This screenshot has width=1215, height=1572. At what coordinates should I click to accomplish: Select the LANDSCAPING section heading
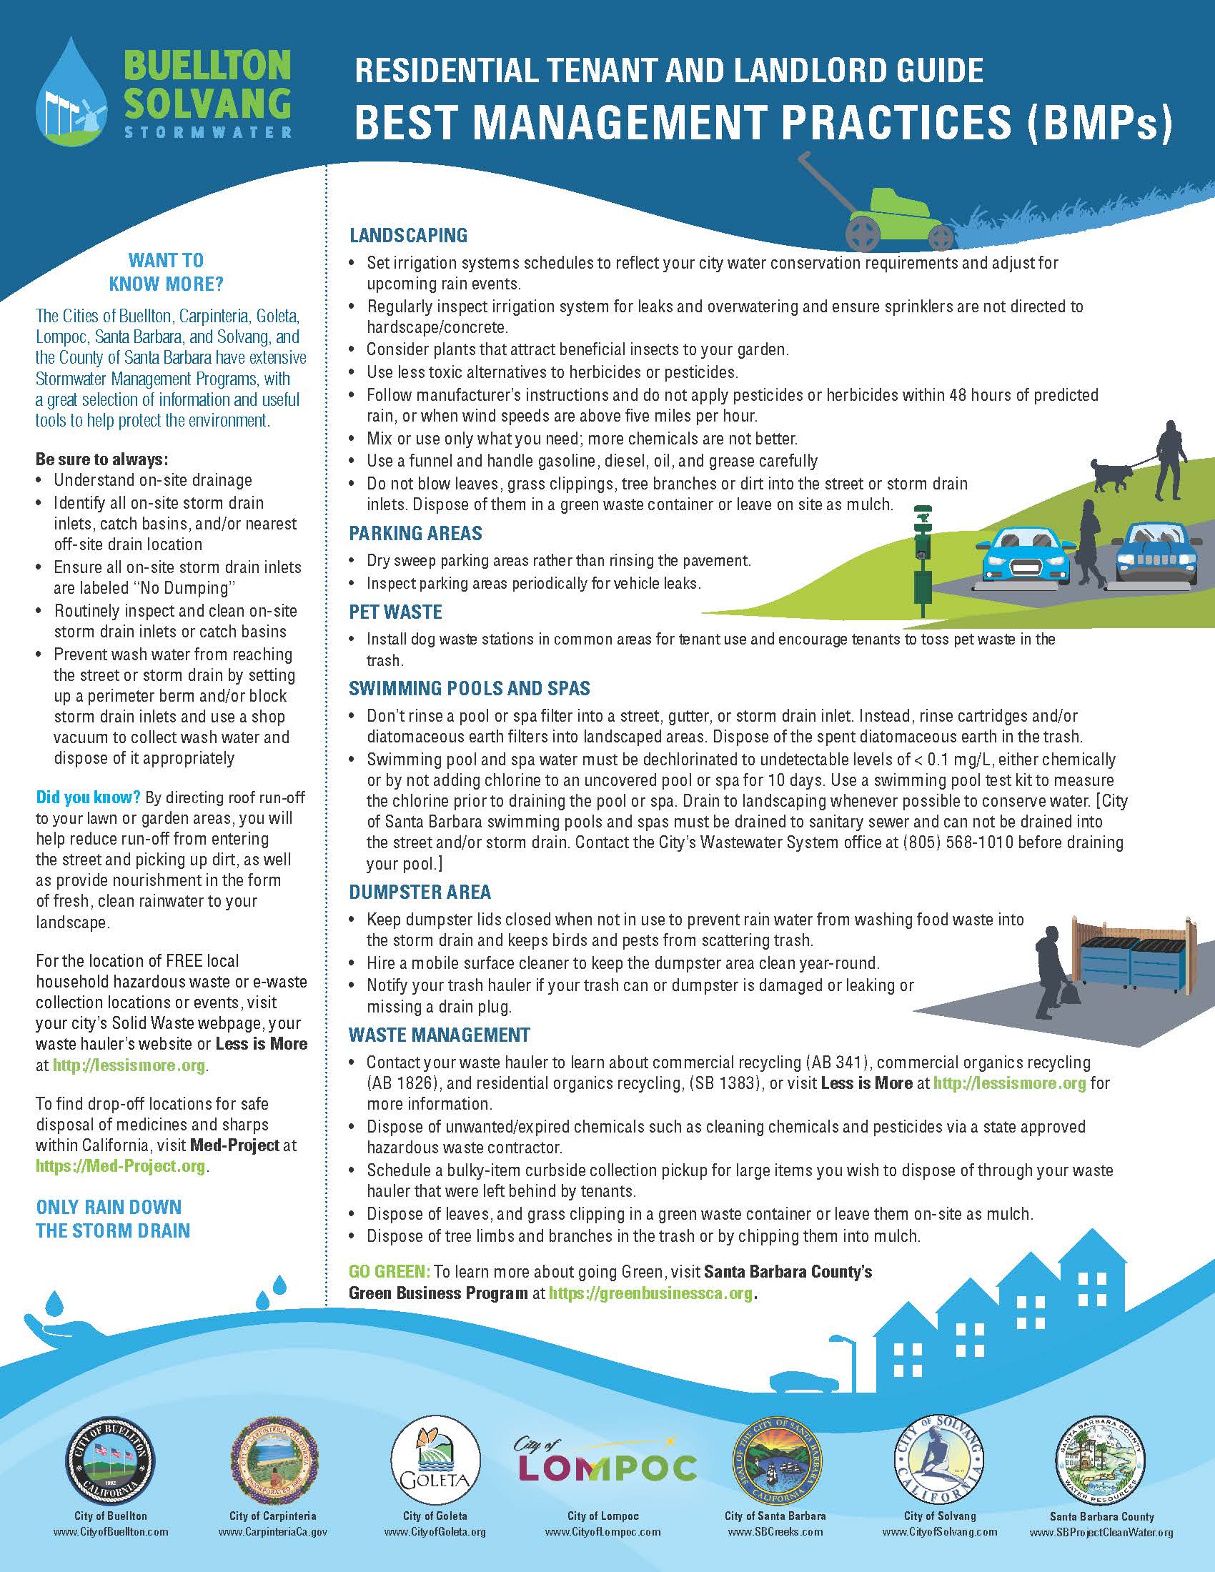click(408, 235)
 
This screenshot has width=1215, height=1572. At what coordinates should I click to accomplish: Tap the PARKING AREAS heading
click(415, 533)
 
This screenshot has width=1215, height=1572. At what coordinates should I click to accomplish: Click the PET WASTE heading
click(395, 612)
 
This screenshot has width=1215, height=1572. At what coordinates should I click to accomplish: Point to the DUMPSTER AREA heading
click(420, 892)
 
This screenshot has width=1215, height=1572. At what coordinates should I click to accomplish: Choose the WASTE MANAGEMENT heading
click(439, 1035)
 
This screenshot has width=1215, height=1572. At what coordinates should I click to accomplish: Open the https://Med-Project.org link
click(121, 1165)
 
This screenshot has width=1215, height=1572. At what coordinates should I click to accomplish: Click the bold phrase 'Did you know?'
click(89, 797)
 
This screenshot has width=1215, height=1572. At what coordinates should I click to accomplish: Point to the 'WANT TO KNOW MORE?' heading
click(167, 272)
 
